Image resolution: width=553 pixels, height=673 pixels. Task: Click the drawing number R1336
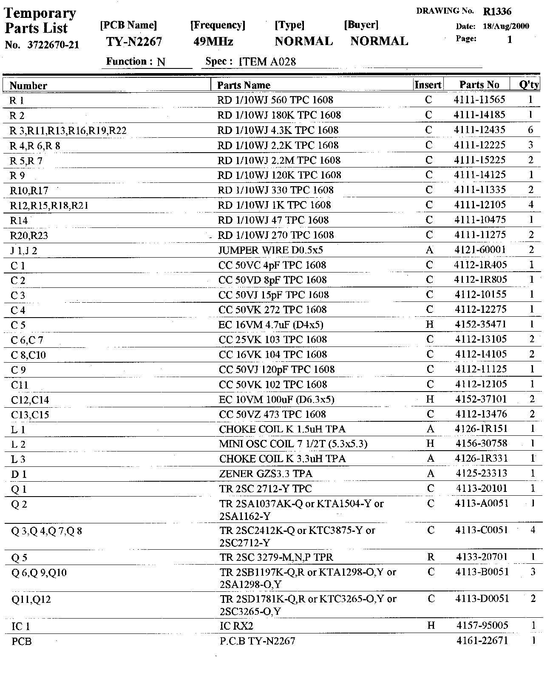(x=497, y=12)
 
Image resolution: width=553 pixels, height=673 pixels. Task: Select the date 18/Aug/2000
(x=506, y=26)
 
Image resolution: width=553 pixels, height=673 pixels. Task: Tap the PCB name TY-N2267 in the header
(x=134, y=42)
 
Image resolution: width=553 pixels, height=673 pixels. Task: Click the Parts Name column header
(x=244, y=85)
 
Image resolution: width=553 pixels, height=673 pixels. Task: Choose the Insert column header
(x=428, y=85)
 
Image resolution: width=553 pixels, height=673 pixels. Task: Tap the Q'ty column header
(x=529, y=85)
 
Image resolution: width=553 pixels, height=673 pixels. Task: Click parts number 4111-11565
(x=479, y=100)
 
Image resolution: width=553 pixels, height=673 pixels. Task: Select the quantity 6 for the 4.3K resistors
(x=530, y=130)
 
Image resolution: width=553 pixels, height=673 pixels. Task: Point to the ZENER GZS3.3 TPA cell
(x=266, y=474)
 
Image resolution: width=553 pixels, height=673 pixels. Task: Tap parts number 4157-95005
(x=482, y=625)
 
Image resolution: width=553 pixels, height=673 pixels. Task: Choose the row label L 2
(x=18, y=445)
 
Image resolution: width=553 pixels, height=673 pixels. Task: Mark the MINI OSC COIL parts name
(x=293, y=444)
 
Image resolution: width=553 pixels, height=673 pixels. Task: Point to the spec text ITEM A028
(x=268, y=62)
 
